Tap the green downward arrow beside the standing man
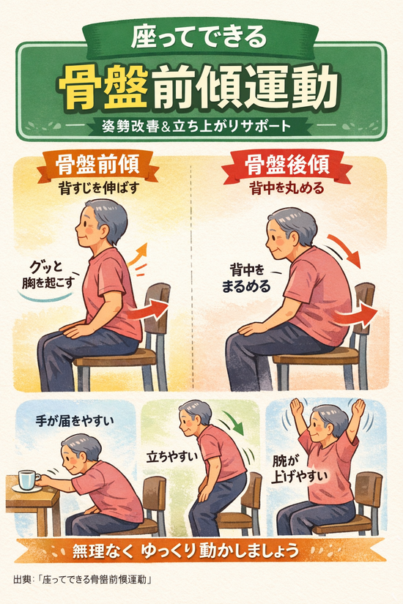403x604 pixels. (x=234, y=423)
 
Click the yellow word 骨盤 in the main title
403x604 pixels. (x=103, y=86)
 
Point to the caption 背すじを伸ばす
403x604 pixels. (x=98, y=188)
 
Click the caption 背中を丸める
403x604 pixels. (x=286, y=188)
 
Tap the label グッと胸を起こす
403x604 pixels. (x=48, y=275)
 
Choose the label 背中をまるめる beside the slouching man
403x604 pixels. (x=245, y=278)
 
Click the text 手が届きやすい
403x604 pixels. (x=75, y=420)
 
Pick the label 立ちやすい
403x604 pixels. (x=171, y=457)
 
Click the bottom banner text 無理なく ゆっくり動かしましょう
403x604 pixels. (x=185, y=551)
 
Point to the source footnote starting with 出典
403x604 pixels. (x=82, y=579)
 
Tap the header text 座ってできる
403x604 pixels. (x=199, y=37)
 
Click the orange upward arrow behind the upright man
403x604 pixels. (x=137, y=254)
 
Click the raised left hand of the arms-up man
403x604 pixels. (x=296, y=409)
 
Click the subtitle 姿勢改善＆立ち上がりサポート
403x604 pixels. (x=196, y=127)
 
